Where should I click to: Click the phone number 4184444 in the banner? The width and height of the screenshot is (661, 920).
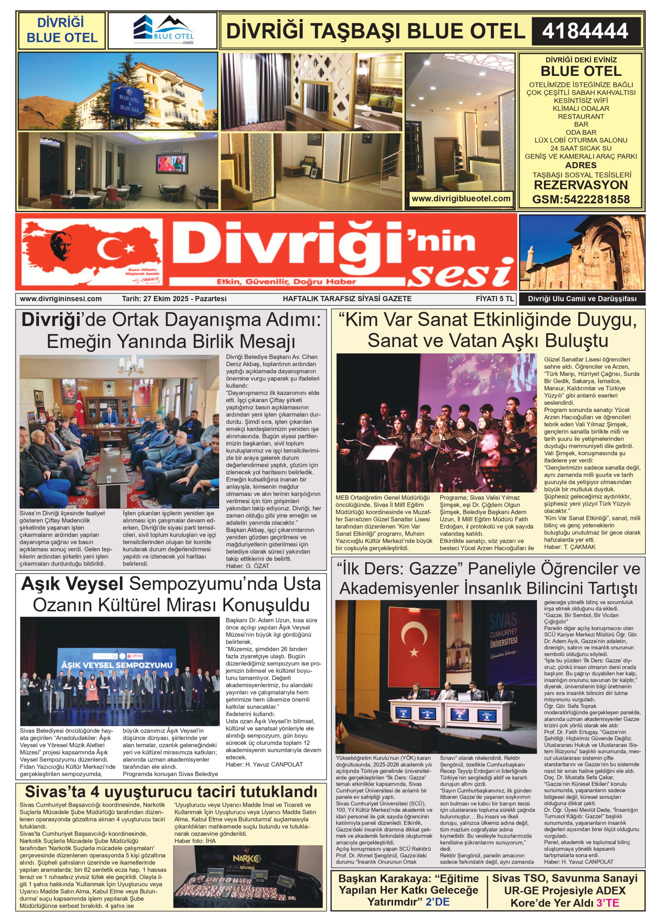pyautogui.click(x=585, y=31)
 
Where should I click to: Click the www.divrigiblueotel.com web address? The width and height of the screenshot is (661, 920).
pyautogui.click(x=461, y=198)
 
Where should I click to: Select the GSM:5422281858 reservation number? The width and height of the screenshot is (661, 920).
pyautogui.click(x=581, y=199)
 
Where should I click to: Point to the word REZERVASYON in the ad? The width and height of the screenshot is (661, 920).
pyautogui.click(x=581, y=185)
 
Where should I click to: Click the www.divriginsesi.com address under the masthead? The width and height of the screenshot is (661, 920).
pyautogui.click(x=61, y=299)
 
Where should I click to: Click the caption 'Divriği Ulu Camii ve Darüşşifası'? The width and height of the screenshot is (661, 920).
pyautogui.click(x=582, y=299)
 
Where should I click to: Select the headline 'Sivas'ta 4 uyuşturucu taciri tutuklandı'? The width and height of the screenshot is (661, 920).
pyautogui.click(x=171, y=791)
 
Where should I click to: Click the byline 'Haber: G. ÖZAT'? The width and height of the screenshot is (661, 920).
pyautogui.click(x=248, y=566)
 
